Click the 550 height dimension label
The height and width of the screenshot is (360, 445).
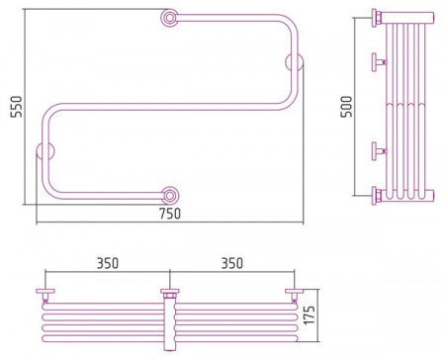tap(16, 106)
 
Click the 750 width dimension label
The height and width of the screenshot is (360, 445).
tap(170, 214)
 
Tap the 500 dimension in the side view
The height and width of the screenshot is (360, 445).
tap(346, 106)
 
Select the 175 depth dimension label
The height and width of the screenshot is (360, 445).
tap(310, 315)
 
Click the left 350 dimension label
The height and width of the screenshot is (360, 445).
tap(108, 263)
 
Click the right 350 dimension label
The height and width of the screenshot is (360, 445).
tap(232, 263)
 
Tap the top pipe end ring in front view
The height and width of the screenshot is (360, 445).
tap(170, 18)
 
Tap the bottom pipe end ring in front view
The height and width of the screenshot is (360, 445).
tap(170, 196)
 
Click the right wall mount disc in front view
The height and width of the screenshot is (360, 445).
tap(294, 61)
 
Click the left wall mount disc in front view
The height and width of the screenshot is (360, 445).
tap(45, 151)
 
